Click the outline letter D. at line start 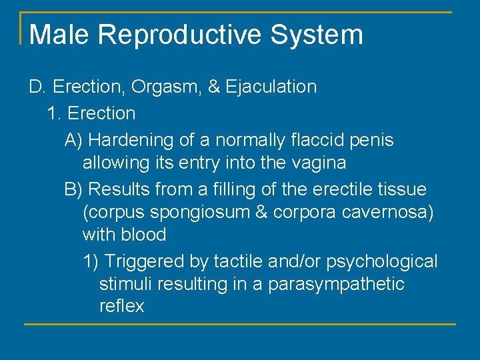[x=37, y=87]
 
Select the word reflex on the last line [x=121, y=307]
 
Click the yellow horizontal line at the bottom [x=240, y=325]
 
